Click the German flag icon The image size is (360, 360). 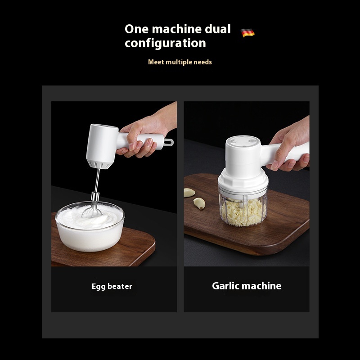pyautogui.click(x=248, y=32)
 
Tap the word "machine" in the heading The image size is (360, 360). pyautogui.click(x=176, y=29)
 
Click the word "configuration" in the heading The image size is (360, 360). pyautogui.click(x=165, y=43)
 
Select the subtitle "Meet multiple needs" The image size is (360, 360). pyautogui.click(x=180, y=62)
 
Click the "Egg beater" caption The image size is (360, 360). pyautogui.click(x=112, y=286)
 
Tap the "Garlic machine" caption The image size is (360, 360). pyautogui.click(x=247, y=286)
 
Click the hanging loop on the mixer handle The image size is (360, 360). pyautogui.click(x=168, y=143)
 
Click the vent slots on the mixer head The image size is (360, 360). pyautogui.click(x=99, y=165)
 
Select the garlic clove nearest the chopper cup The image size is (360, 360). pyautogui.click(x=199, y=203)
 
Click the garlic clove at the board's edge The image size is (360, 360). pyautogui.click(x=189, y=193)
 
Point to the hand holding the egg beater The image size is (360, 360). pyautogui.click(x=145, y=134)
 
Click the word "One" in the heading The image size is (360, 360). pyautogui.click(x=137, y=29)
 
